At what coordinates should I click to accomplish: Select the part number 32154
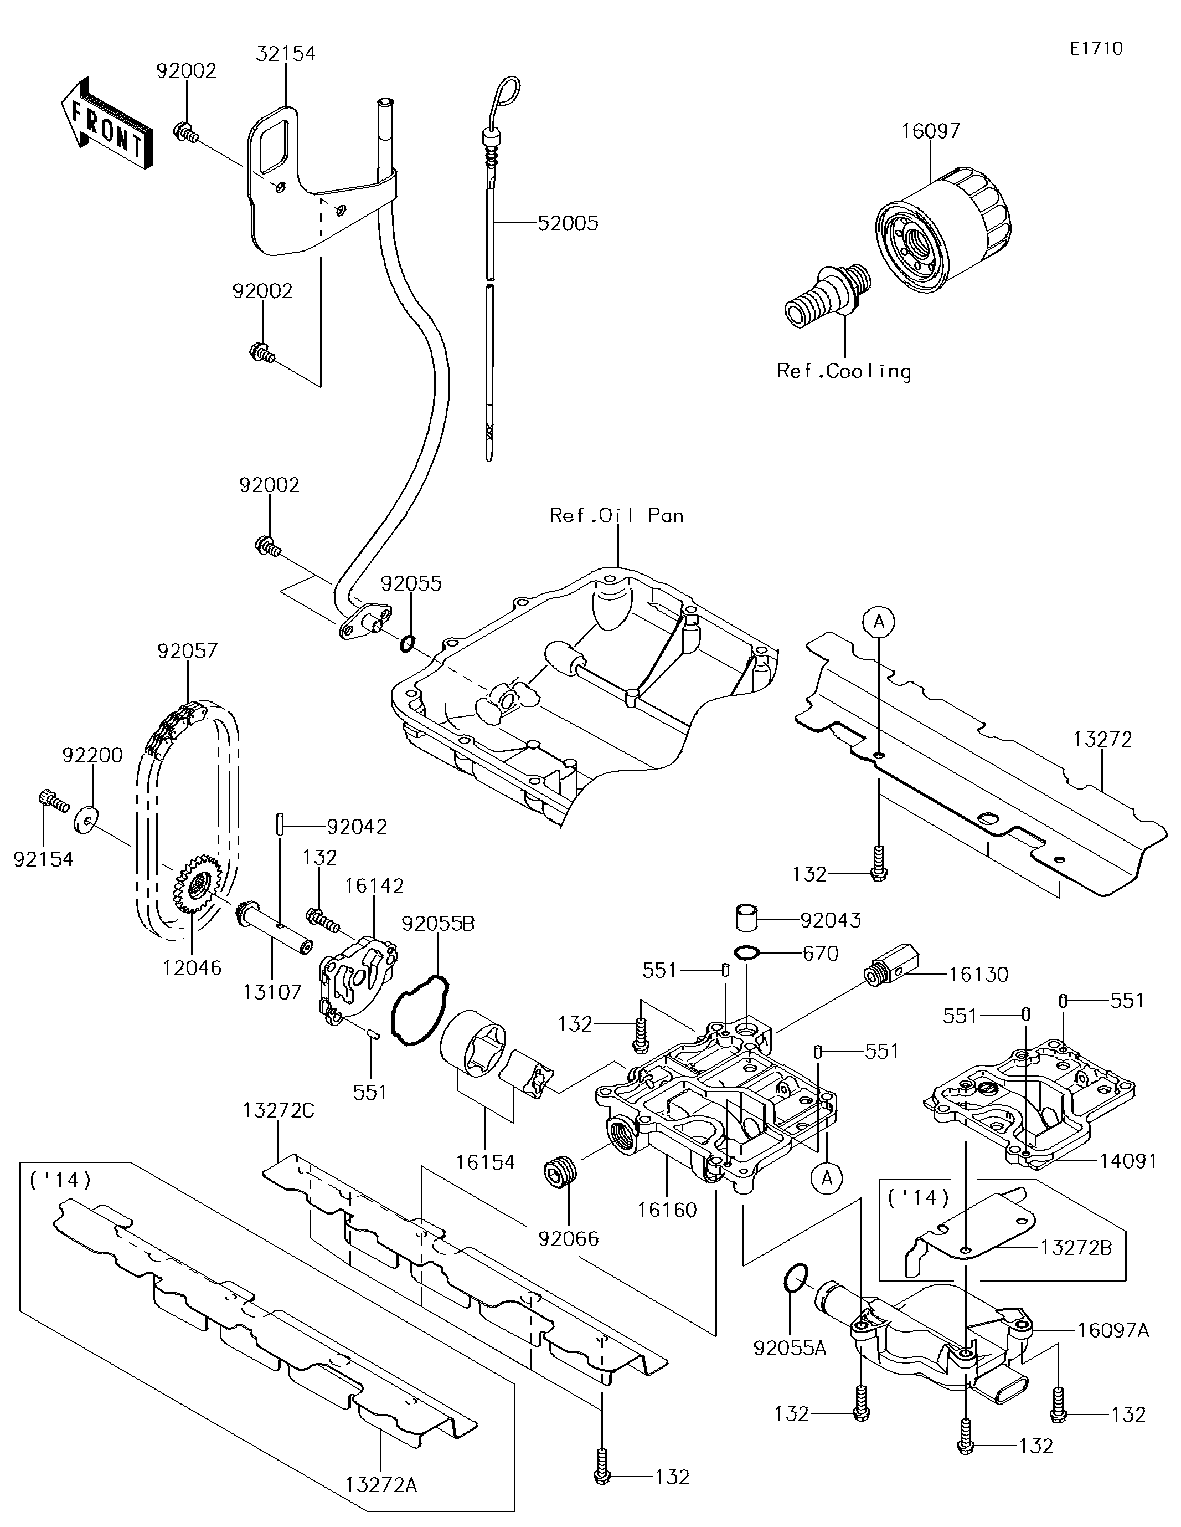285,54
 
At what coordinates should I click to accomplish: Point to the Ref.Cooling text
844,371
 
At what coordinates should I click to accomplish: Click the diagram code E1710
1096,48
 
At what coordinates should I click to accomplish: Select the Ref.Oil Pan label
616,515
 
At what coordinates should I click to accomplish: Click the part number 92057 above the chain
187,651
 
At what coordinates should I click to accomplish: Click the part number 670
822,953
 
